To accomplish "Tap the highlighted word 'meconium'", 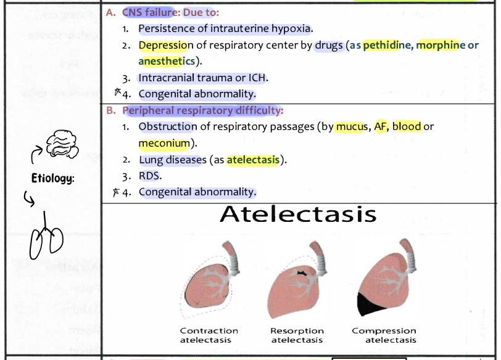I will [165, 143].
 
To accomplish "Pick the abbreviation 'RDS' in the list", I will [150, 176].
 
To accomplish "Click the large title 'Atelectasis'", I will [297, 214].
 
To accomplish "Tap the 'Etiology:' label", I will [54, 179].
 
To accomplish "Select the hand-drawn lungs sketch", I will [46, 237].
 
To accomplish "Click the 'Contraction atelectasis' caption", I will [209, 335].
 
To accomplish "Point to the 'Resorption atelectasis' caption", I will [297, 335].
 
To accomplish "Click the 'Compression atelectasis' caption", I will [384, 335].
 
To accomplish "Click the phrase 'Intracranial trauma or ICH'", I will [203, 78].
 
